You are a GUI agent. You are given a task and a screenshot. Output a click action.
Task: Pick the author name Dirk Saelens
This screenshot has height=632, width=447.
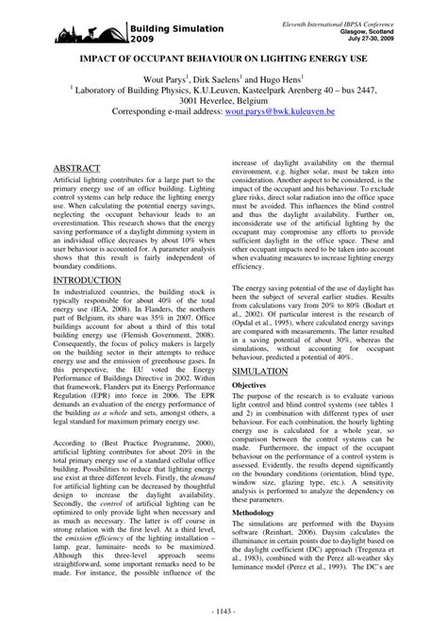229,94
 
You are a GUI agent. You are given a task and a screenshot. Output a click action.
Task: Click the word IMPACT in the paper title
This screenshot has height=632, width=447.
104,71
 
